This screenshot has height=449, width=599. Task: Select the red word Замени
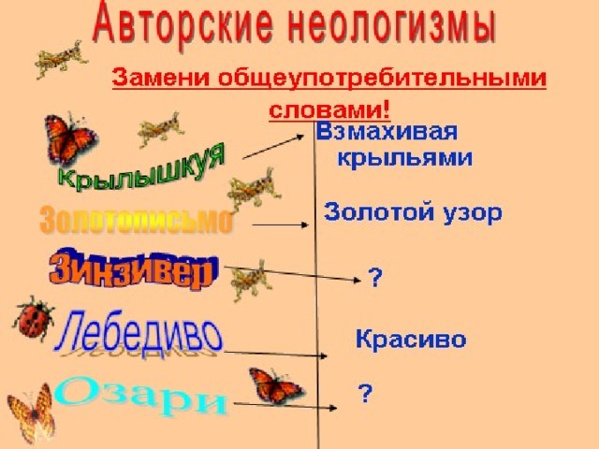161,77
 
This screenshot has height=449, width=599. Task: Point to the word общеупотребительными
383,79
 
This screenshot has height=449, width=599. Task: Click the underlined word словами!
329,110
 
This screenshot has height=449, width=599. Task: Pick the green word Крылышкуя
142,168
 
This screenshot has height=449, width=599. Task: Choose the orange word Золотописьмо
136,221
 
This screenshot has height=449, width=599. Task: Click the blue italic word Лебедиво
138,331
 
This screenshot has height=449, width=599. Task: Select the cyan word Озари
140,396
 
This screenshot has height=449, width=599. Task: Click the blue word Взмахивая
387,132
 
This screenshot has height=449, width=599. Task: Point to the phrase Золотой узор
413,212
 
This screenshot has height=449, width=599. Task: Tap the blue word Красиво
411,339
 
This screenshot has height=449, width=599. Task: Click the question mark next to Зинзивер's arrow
374,278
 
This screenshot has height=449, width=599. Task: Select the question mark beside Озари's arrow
365,394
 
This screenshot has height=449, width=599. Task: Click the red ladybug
34,319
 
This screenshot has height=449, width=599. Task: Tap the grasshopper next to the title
61,59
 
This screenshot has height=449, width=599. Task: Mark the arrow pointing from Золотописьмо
280,224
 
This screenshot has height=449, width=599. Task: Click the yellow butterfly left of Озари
31,413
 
